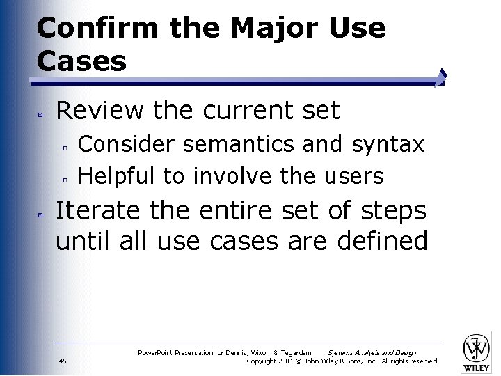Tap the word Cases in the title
point(81,61)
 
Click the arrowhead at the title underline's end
point(441,77)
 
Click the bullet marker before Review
point(42,112)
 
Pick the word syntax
point(388,144)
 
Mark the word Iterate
point(102,210)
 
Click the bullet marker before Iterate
point(42,212)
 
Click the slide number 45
point(63,361)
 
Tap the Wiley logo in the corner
point(477,351)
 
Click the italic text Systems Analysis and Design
point(372,353)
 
